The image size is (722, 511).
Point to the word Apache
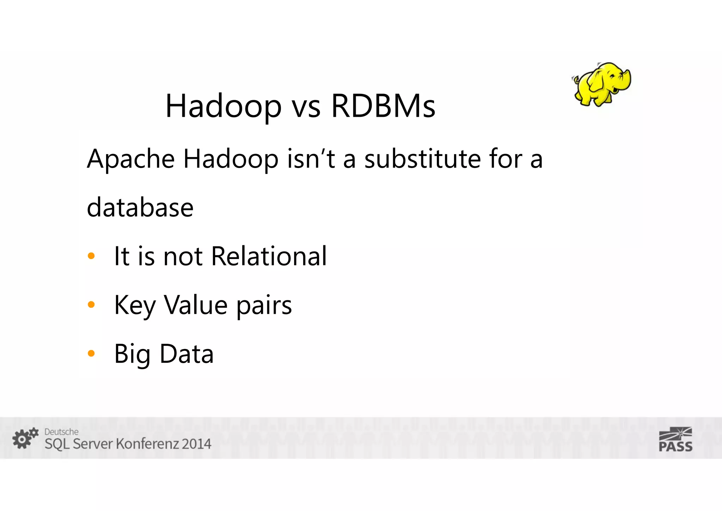click(x=131, y=160)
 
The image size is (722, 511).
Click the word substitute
click(x=422, y=159)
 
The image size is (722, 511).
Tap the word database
click(x=140, y=208)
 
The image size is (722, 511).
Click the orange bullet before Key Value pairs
click(x=91, y=305)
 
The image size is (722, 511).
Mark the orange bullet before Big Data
click(x=91, y=353)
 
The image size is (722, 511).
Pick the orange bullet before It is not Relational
click(x=91, y=256)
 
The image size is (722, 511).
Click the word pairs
click(x=264, y=306)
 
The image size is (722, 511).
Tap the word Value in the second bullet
click(x=196, y=305)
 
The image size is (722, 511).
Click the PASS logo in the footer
click(x=675, y=439)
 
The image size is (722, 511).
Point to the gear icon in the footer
click(x=24, y=438)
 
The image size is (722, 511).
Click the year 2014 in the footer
click(x=196, y=444)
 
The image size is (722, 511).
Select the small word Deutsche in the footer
click(x=61, y=432)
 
